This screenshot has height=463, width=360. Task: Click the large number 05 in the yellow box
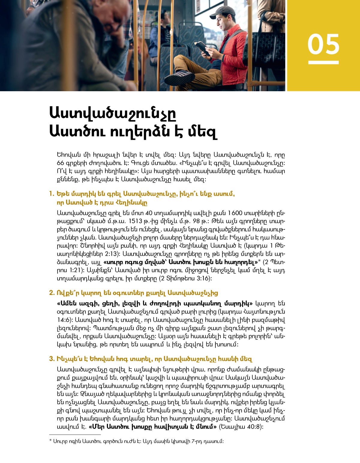point(323,44)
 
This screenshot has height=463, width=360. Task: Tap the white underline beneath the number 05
point(323,62)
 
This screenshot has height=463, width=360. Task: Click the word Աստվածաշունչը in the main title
point(112,113)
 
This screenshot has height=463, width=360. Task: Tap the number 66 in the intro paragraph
point(60,163)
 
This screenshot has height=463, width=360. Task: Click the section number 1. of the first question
point(52,194)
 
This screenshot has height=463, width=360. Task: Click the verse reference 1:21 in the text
point(76,270)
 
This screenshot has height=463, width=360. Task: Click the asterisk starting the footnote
point(50,441)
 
